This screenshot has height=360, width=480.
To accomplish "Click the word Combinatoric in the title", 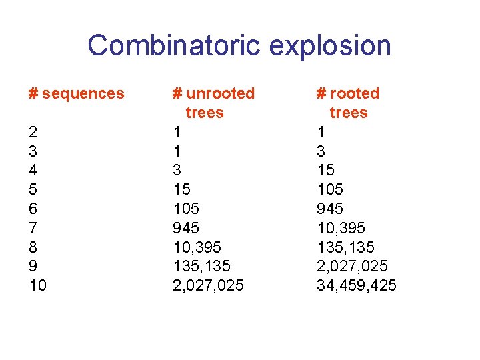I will (x=175, y=46).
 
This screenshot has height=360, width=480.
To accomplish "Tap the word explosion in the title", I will (x=330, y=46).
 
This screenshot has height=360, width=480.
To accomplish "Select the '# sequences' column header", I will (x=77, y=94).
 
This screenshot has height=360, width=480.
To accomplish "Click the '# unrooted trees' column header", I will (x=213, y=103).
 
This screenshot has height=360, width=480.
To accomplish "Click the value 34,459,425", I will (x=356, y=286).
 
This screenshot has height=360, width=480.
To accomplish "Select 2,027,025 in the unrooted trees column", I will (x=208, y=286).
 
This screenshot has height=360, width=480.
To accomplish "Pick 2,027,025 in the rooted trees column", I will (x=352, y=267).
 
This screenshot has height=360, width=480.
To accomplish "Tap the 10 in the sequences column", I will (x=38, y=286).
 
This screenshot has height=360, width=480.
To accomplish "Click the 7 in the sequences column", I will (x=33, y=228).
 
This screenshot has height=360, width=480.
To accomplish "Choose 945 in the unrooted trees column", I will (x=186, y=228).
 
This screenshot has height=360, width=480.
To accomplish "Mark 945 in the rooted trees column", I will (x=330, y=209).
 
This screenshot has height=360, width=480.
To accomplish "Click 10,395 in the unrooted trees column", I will (x=197, y=247).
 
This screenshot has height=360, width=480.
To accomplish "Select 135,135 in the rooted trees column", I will (x=345, y=247).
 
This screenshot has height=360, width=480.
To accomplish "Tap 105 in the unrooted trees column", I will (x=186, y=209).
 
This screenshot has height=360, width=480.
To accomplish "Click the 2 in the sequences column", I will (x=33, y=132).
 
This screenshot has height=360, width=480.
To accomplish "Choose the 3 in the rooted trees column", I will (x=321, y=151).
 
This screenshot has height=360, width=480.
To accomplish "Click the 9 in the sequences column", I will (x=33, y=267).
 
